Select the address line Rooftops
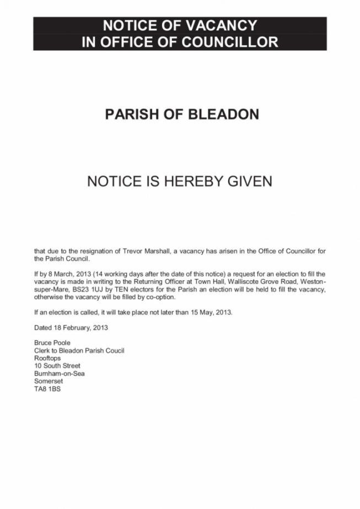[47, 358]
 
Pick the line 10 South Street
[57, 366]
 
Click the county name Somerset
[49, 381]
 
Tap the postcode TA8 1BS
[47, 389]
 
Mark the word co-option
[160, 297]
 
